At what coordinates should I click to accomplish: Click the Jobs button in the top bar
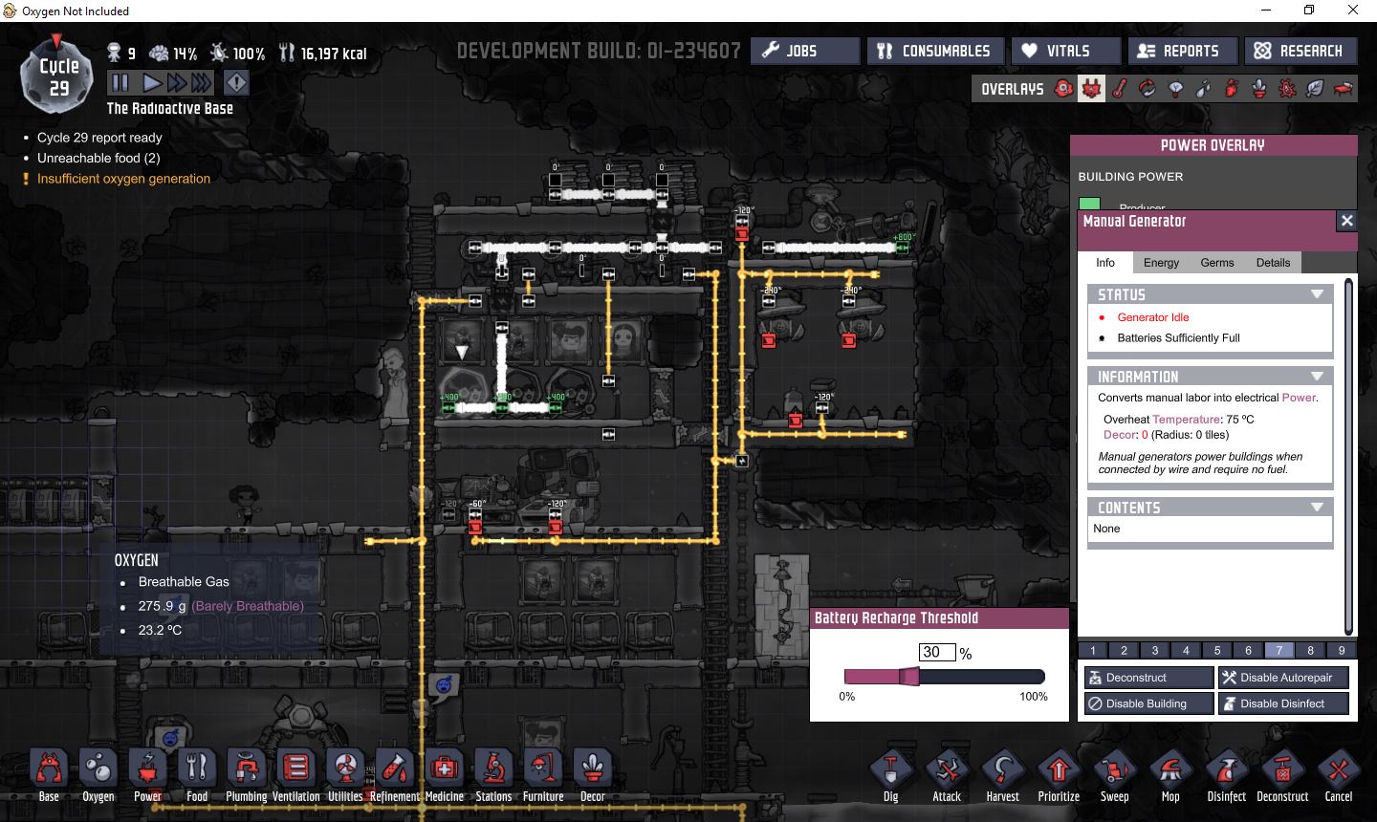(x=804, y=51)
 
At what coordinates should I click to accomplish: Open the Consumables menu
(x=934, y=51)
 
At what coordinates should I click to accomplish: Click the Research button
(x=1299, y=51)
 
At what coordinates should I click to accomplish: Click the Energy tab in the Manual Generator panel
(x=1161, y=263)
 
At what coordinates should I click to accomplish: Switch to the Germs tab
(x=1217, y=263)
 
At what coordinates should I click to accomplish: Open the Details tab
(x=1273, y=263)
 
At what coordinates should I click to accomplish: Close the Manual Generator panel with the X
(x=1346, y=221)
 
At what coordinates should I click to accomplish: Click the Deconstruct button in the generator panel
(x=1148, y=678)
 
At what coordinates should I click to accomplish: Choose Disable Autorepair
(x=1283, y=678)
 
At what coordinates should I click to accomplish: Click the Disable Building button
(x=1148, y=703)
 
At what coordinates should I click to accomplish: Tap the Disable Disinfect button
(x=1283, y=703)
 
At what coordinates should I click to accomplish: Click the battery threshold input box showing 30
(x=936, y=653)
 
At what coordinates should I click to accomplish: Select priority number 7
(x=1279, y=650)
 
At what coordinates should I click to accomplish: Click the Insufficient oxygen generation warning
(x=123, y=179)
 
